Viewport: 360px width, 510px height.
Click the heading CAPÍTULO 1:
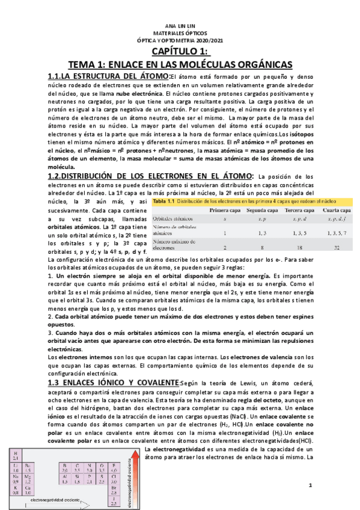[x=179, y=52]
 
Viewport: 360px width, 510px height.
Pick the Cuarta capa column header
[x=336, y=210]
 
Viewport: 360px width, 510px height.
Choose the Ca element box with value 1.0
[x=28, y=490]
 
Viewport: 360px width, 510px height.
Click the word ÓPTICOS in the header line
[x=194, y=34]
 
